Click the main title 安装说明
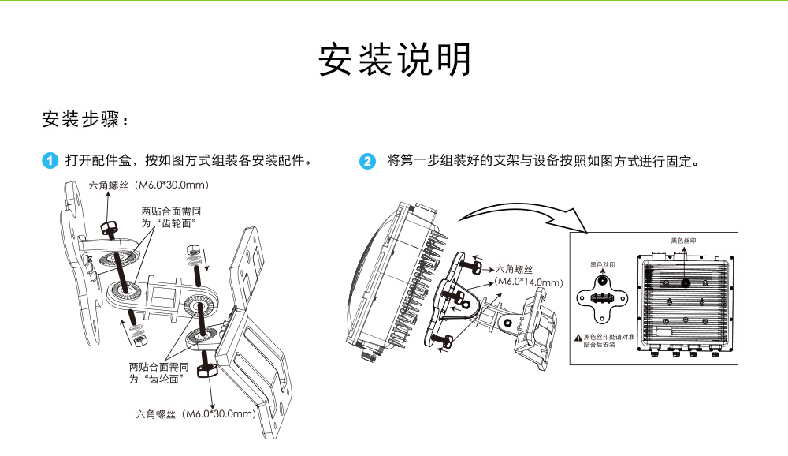point(394,60)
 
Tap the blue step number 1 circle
point(50,162)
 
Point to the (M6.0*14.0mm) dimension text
point(529,282)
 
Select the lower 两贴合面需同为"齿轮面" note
point(158,374)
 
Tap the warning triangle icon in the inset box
point(578,338)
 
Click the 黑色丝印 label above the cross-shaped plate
point(603,266)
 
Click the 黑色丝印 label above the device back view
point(683,240)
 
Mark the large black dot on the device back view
point(685,282)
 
